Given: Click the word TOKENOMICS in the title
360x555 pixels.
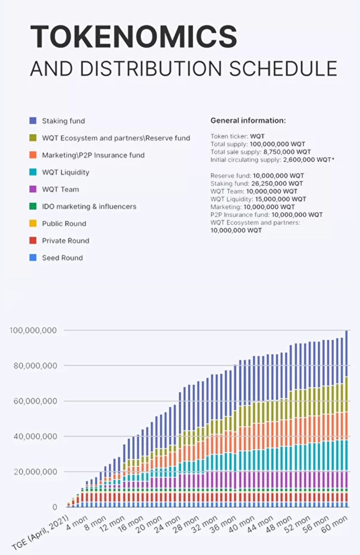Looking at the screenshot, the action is coord(133,37).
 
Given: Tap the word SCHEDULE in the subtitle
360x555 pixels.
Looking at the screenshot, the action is coord(283,68).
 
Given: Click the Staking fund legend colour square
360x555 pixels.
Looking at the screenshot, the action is coord(33,121).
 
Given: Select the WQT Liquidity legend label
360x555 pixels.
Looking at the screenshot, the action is coord(65,172).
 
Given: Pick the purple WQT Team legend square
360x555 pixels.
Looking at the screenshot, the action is coord(33,189).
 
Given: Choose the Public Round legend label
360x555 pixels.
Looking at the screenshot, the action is coord(64,223).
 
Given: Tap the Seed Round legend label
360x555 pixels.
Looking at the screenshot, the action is coord(63,258).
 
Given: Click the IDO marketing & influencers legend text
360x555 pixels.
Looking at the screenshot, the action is coord(89,206).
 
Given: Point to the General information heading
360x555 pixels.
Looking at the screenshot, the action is coord(248,120).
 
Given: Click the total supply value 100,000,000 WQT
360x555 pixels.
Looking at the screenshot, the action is coord(277,144).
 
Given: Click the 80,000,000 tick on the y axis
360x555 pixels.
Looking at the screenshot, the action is coord(35,366).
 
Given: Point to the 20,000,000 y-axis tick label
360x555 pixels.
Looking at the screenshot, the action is coord(35,471).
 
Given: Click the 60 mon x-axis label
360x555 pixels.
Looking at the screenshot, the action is coord(334,524).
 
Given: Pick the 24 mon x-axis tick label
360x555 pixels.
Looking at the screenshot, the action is coord(167,524).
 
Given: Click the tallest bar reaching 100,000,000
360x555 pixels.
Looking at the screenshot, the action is coord(346,419).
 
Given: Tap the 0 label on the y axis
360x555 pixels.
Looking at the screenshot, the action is coord(54,507).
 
